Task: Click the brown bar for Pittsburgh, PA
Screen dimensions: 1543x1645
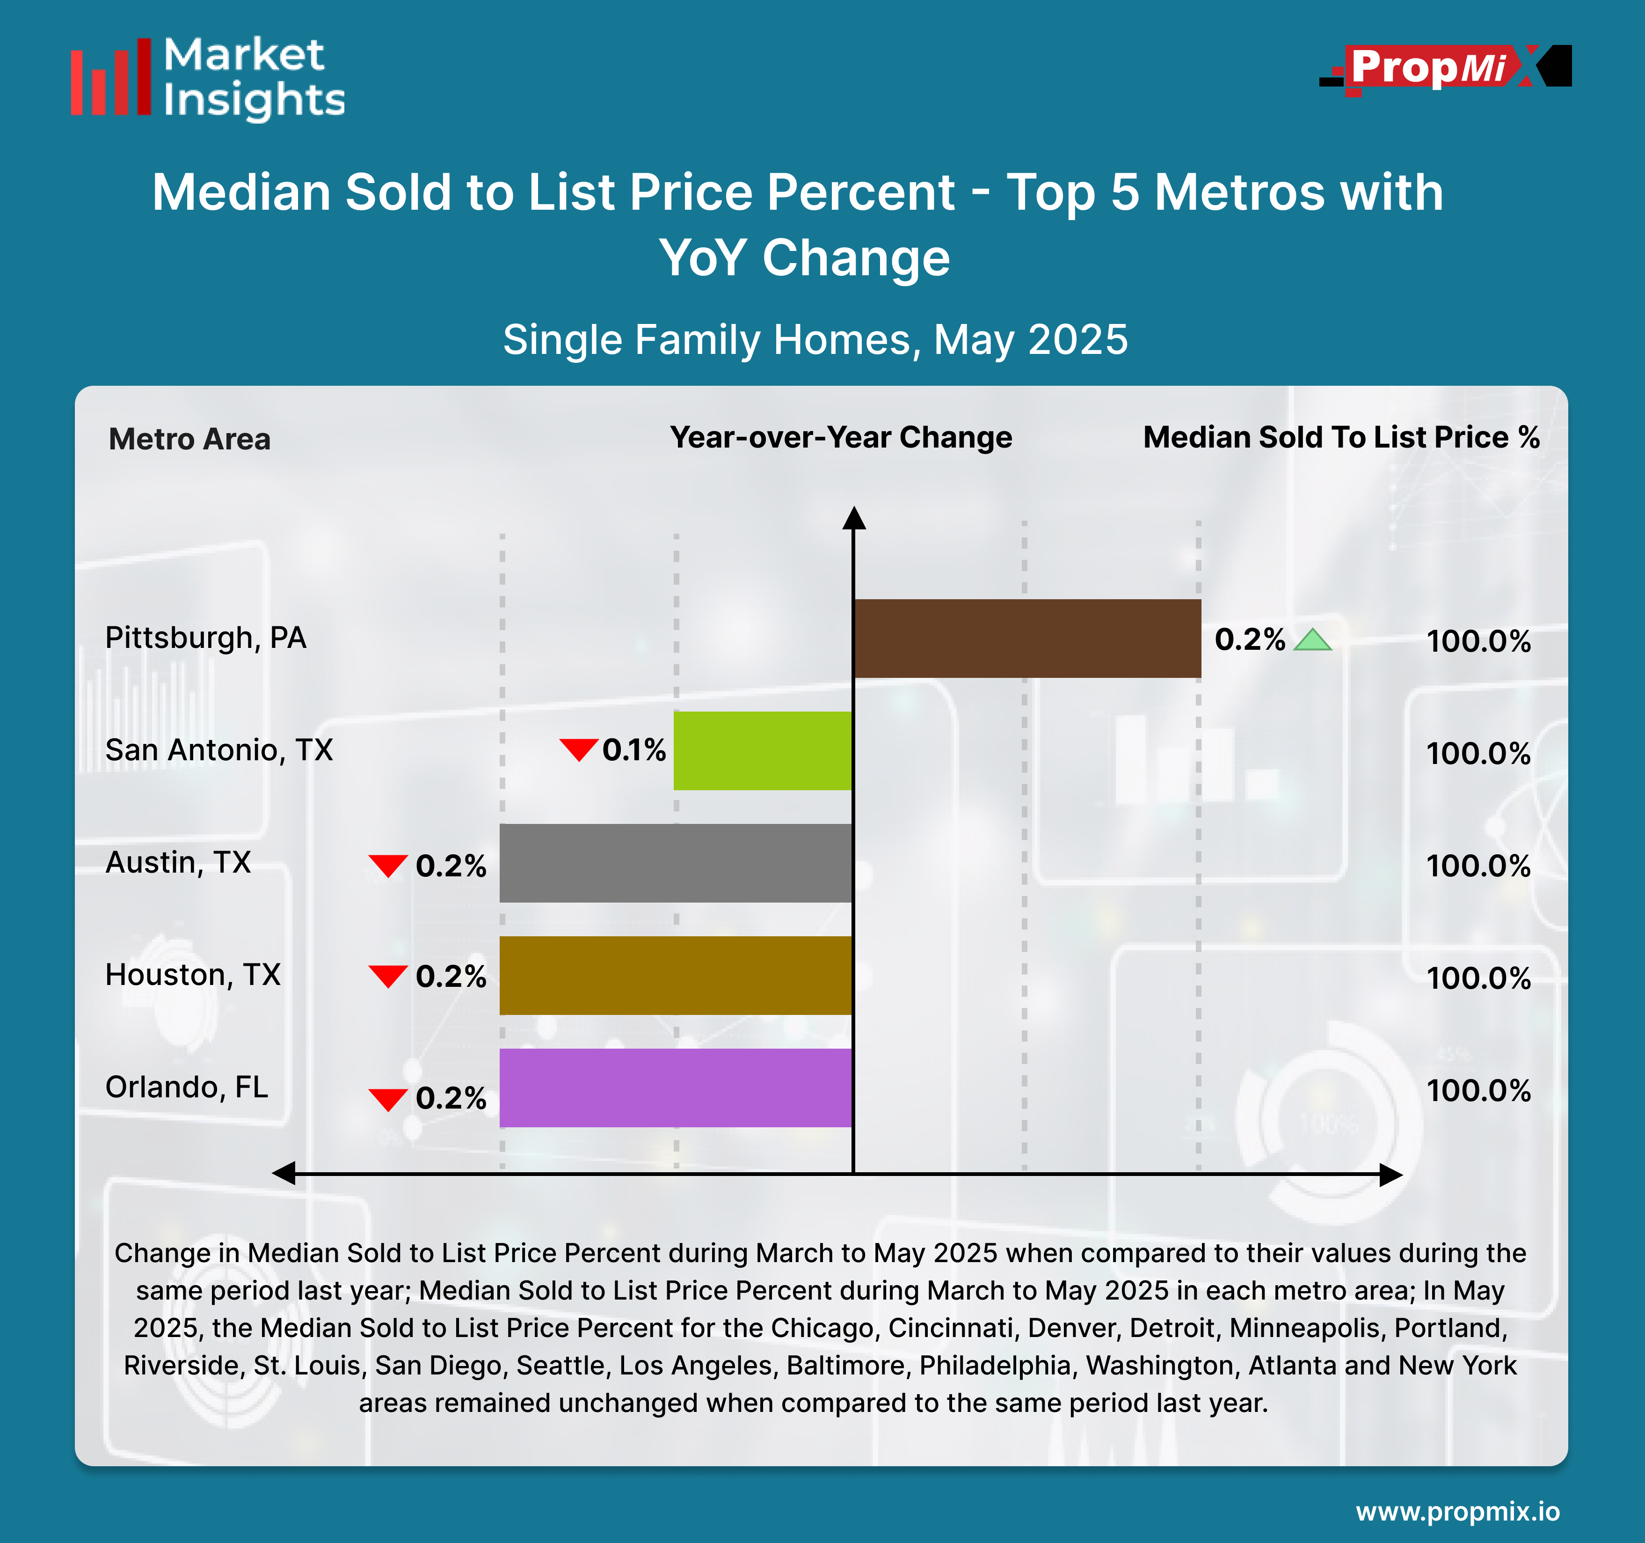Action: (x=1027, y=638)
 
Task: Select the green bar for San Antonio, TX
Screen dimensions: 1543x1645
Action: (x=762, y=750)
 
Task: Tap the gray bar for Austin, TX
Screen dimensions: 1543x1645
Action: (x=675, y=863)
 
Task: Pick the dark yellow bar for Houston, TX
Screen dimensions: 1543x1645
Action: (x=675, y=975)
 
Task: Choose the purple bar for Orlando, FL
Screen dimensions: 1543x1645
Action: (x=675, y=1087)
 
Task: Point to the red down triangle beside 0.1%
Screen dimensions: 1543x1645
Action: (x=578, y=749)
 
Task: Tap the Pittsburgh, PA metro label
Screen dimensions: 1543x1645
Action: (x=206, y=638)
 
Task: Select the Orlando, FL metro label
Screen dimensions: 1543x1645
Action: (x=187, y=1087)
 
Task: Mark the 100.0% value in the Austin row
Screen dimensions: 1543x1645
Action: (x=1478, y=866)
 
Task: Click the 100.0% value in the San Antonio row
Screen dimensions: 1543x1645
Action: (x=1478, y=753)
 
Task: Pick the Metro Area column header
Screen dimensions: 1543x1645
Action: (x=189, y=439)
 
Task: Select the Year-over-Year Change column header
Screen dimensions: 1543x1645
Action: (x=841, y=437)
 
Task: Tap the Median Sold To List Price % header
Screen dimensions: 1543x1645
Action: (x=1340, y=437)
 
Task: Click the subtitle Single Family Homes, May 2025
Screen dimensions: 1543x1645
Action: (x=815, y=339)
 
